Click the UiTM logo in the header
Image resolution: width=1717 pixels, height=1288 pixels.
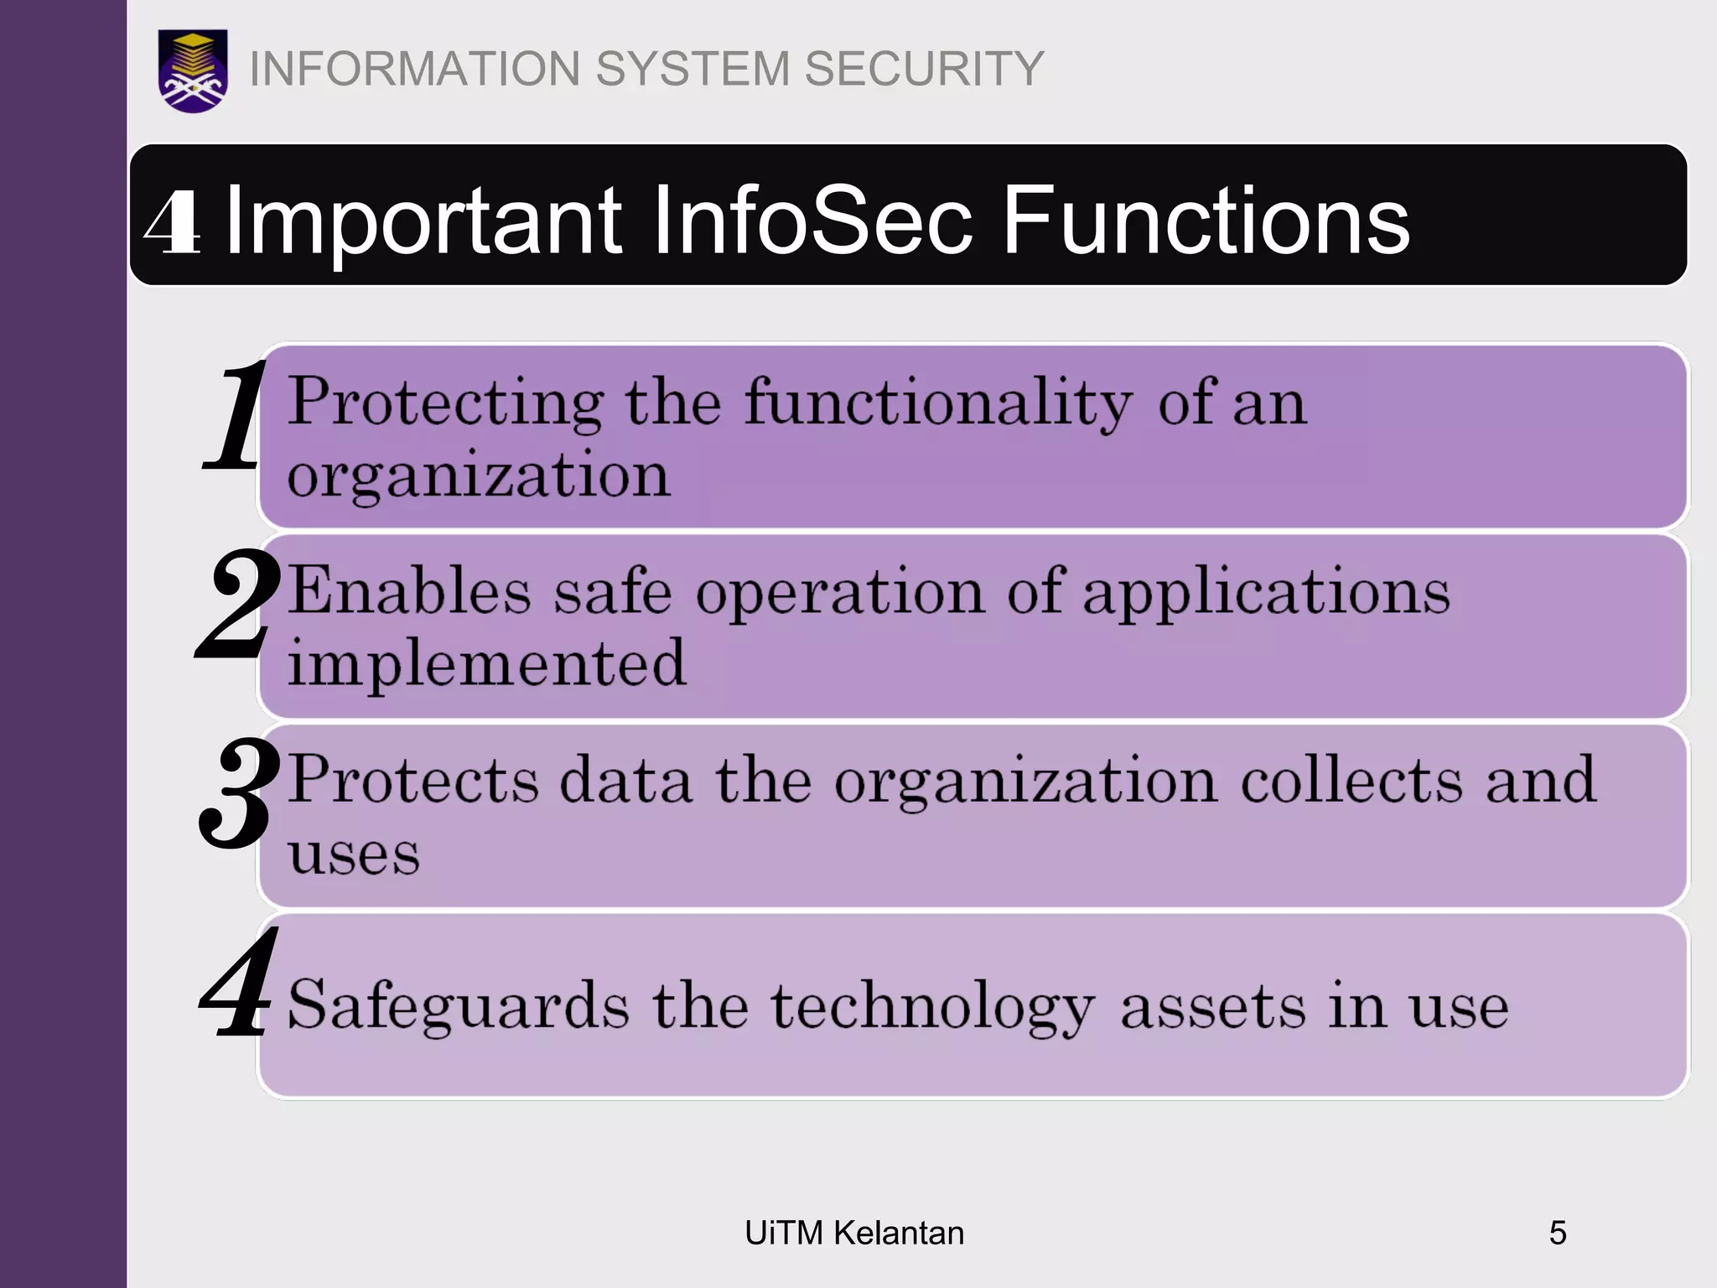[193, 70]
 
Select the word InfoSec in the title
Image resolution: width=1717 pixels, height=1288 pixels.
[812, 221]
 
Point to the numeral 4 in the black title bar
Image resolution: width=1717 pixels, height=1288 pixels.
[173, 223]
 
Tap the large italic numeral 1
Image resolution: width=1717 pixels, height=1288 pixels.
[236, 416]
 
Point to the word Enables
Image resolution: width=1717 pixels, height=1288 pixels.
[409, 592]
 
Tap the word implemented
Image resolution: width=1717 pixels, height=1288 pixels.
[487, 662]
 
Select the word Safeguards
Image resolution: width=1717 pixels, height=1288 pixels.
[458, 1005]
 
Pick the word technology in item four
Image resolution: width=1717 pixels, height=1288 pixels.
[932, 1007]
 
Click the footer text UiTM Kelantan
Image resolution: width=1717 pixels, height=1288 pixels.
[854, 1233]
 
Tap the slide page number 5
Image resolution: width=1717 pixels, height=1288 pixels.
[1557, 1233]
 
